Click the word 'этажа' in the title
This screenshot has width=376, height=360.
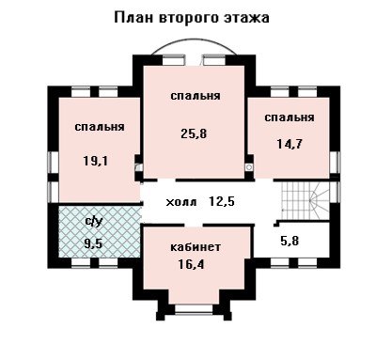[x=246, y=18]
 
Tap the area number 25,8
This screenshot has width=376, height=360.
[x=194, y=133]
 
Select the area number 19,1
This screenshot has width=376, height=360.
[x=96, y=161]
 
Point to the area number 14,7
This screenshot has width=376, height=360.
[x=290, y=144]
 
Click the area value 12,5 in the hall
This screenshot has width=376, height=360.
[x=222, y=201]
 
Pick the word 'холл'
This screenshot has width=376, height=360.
[x=181, y=202]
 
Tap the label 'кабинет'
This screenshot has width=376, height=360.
[x=196, y=247]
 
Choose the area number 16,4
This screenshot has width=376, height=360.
[x=191, y=265]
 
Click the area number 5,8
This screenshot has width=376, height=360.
[x=290, y=241]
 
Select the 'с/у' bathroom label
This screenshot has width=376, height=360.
[x=94, y=221]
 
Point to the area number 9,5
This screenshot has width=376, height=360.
[x=93, y=243]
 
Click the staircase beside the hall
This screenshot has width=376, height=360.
[x=305, y=201]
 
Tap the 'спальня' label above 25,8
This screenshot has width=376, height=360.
[x=196, y=96]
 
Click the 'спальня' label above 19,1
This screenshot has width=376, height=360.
[x=100, y=127]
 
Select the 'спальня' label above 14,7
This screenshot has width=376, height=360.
[x=290, y=117]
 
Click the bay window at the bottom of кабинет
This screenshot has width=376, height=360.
[x=194, y=308]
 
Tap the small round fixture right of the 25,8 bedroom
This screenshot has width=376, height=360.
[x=249, y=167]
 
